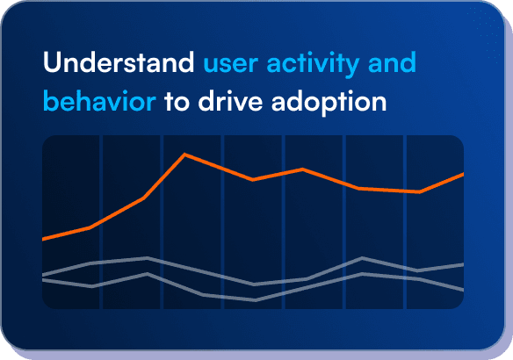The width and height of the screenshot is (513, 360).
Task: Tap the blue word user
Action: pos(230,66)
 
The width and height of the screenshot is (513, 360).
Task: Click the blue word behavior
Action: pos(99,102)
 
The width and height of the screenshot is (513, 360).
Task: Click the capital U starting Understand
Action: pos(51,64)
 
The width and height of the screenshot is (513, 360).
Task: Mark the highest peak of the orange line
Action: pos(184,155)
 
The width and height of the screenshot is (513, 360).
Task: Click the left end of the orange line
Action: pos(43,239)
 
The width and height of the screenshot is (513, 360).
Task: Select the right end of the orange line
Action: pos(463,174)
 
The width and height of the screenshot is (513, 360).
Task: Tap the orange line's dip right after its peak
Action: pos(253,180)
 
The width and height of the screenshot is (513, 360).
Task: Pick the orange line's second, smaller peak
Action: pos(303,169)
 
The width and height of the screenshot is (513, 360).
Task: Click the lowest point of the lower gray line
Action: pos(255,300)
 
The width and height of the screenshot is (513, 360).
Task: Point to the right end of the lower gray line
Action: pos(463,290)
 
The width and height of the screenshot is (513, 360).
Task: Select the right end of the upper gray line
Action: pos(463,263)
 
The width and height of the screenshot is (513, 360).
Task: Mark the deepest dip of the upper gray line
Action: pos(254,284)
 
